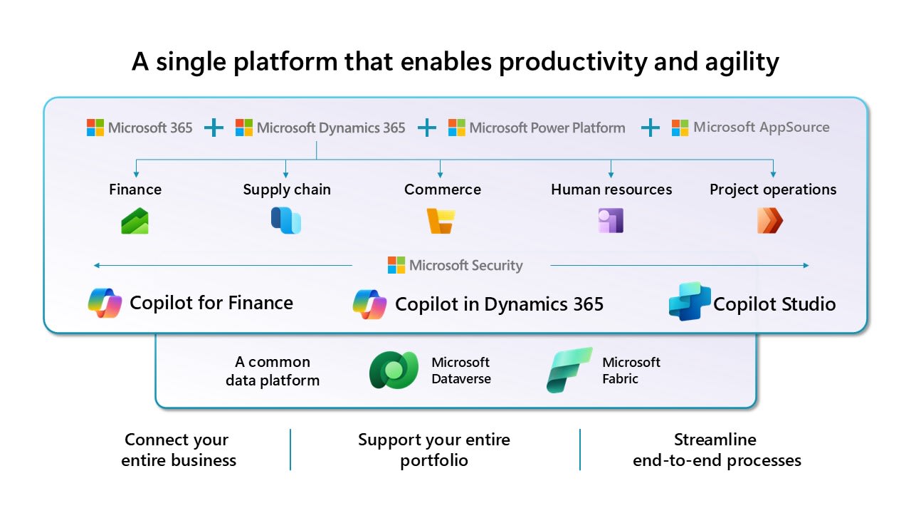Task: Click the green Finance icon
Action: click(x=135, y=221)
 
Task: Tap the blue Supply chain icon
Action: click(x=286, y=220)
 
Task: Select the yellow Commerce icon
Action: click(x=441, y=221)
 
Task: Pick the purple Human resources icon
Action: click(x=611, y=220)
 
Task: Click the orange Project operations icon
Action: click(x=770, y=220)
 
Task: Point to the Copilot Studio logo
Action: click(x=690, y=301)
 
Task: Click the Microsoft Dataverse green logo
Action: click(x=394, y=370)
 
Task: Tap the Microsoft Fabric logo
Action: click(x=569, y=370)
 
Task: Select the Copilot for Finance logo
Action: click(x=105, y=303)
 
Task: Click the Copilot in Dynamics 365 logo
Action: click(x=369, y=304)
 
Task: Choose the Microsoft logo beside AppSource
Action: click(x=680, y=128)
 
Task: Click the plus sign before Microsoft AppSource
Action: click(x=651, y=128)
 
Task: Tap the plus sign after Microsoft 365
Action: click(x=214, y=128)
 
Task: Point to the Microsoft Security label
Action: click(x=466, y=266)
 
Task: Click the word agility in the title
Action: click(x=742, y=62)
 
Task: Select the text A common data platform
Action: click(x=273, y=371)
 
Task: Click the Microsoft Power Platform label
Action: click(x=547, y=128)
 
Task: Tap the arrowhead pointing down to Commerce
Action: click(x=440, y=175)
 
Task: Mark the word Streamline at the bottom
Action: click(x=715, y=440)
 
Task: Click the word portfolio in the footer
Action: click(x=434, y=461)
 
